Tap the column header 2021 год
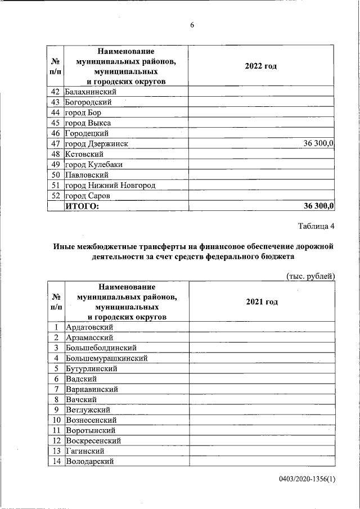(262, 301)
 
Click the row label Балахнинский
(91, 92)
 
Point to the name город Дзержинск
(96, 144)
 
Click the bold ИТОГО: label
(83, 206)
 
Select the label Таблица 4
(316, 227)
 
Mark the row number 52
(55, 196)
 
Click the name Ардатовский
(90, 327)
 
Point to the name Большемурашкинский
(107, 358)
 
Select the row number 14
(56, 461)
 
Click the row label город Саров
(87, 196)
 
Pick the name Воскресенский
(93, 440)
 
